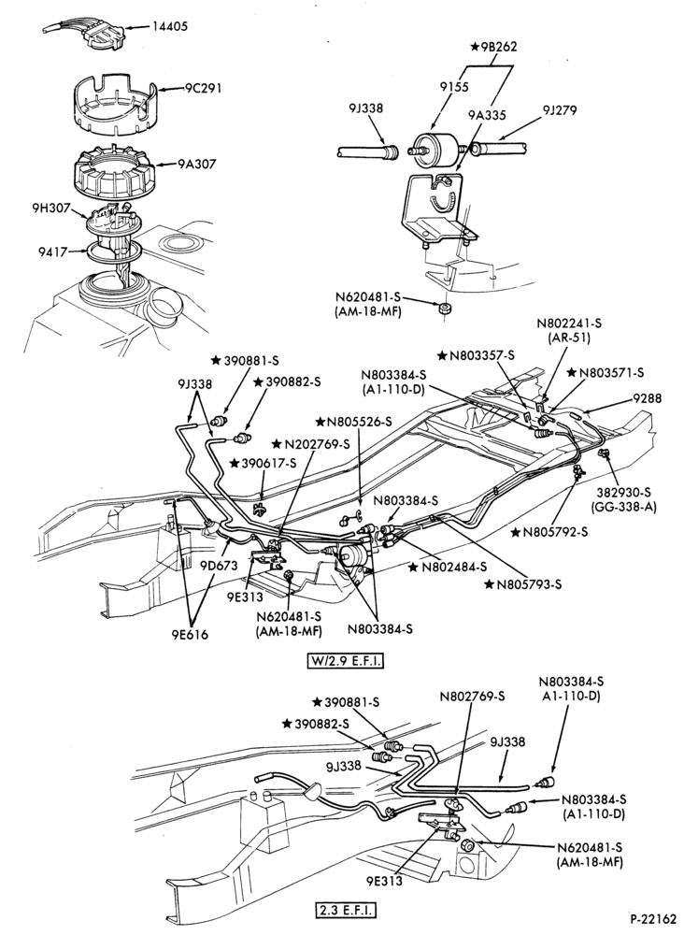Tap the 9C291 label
[202, 89]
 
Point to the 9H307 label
[51, 209]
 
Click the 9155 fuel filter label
[455, 86]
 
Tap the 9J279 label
[560, 110]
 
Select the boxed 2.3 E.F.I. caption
[345, 911]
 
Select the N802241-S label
[570, 324]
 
